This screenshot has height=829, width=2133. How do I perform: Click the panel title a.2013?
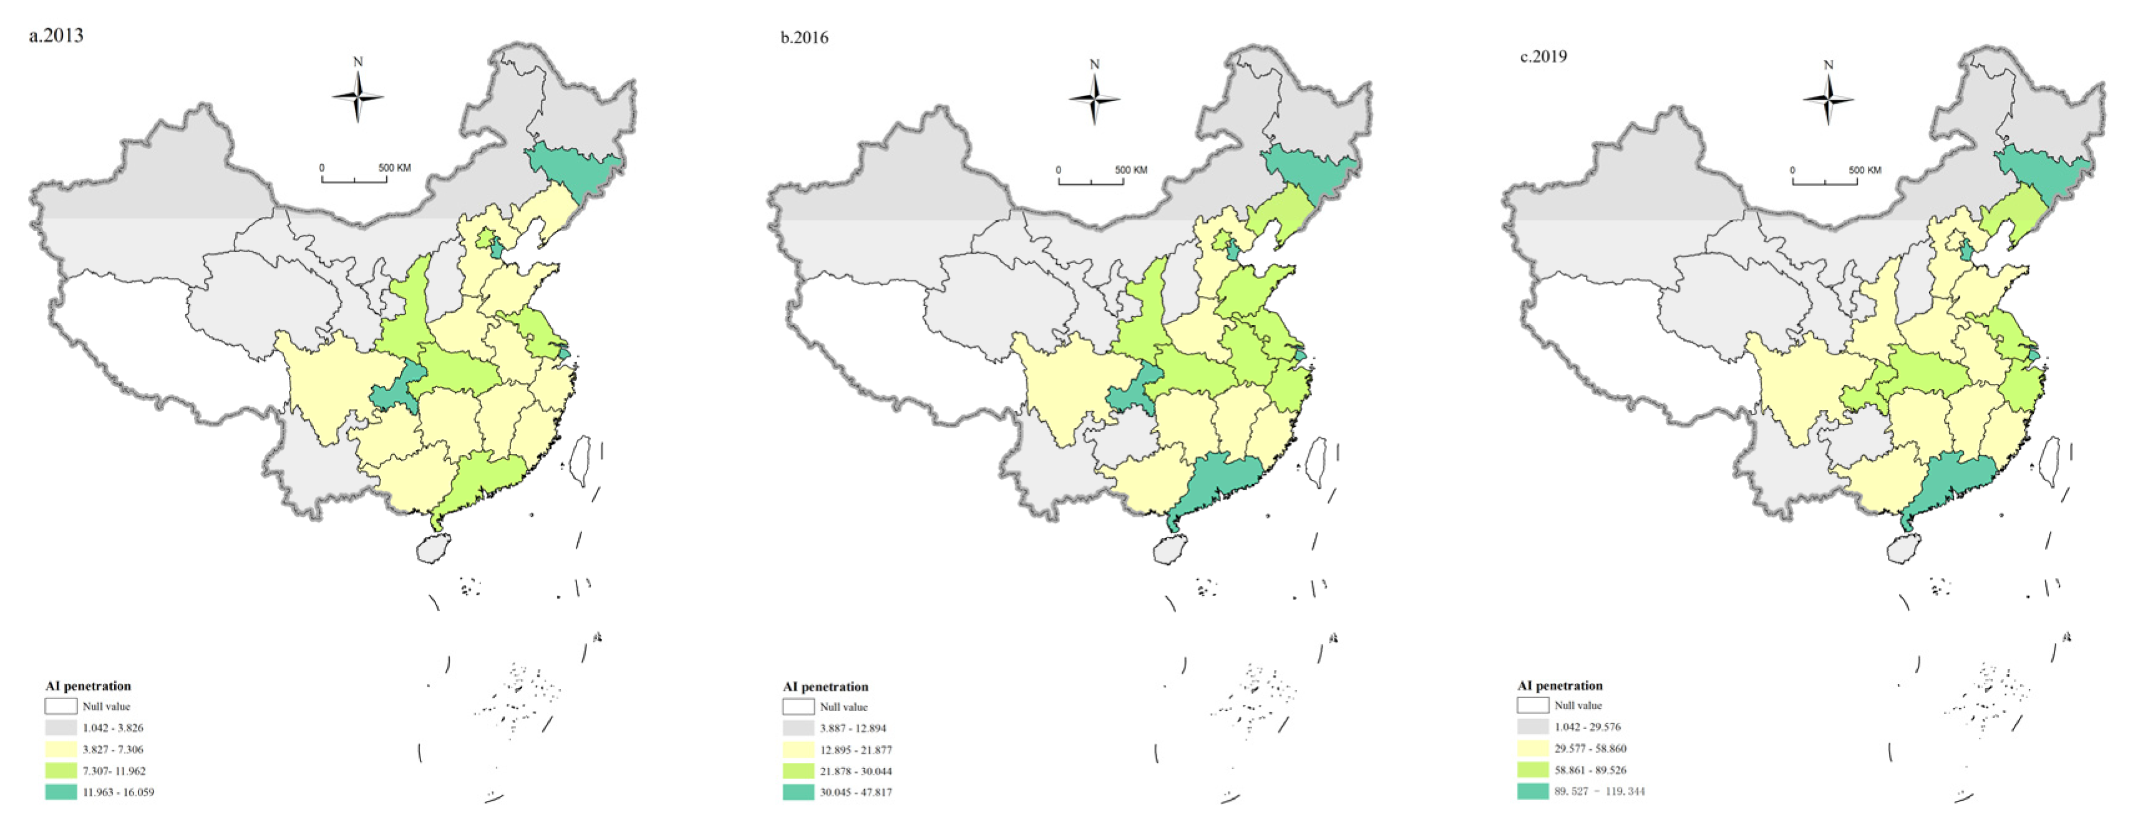pyautogui.click(x=56, y=36)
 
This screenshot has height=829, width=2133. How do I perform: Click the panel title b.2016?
pyautogui.click(x=804, y=37)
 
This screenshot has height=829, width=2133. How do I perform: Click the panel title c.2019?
pyautogui.click(x=1543, y=56)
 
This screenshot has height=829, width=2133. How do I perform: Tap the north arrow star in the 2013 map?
pyautogui.click(x=357, y=97)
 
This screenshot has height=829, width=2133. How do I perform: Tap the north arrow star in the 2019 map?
pyautogui.click(x=1829, y=99)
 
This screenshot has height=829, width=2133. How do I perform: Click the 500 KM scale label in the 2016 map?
pyautogui.click(x=1130, y=170)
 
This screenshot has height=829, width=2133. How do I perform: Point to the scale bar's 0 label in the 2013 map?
pyautogui.click(x=322, y=168)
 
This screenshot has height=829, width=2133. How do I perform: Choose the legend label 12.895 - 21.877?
pyautogui.click(x=855, y=750)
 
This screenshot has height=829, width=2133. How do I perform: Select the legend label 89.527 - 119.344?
pyautogui.click(x=1599, y=792)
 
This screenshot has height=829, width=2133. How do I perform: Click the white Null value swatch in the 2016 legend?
pyautogui.click(x=798, y=707)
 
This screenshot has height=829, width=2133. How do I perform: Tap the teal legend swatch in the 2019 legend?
pyautogui.click(x=1533, y=791)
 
